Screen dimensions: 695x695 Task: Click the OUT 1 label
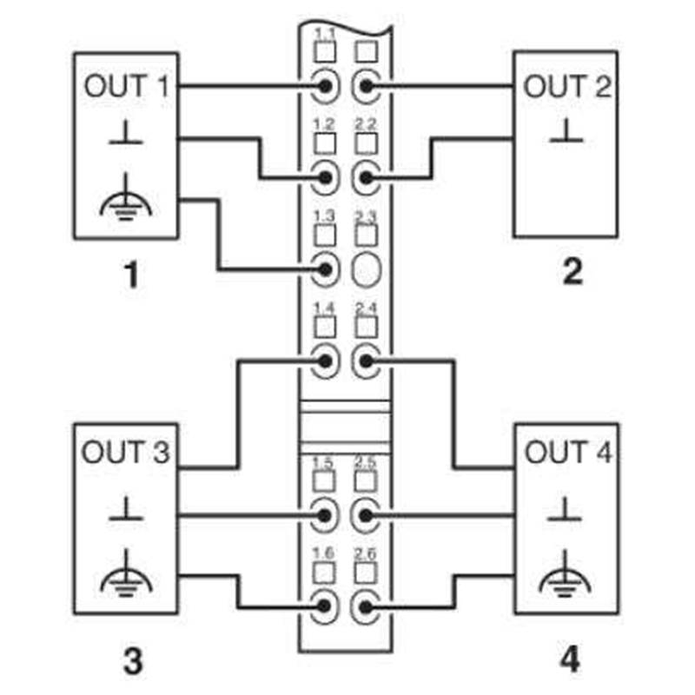tap(126, 87)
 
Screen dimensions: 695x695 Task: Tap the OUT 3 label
tap(126, 453)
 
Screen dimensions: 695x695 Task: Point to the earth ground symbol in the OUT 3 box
tap(126, 569)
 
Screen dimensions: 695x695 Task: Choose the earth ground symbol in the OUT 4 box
tap(566, 569)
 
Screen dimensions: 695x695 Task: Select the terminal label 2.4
tap(366, 309)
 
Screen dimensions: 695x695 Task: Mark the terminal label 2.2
tap(366, 124)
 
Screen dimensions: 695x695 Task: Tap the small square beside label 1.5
tap(324, 480)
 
